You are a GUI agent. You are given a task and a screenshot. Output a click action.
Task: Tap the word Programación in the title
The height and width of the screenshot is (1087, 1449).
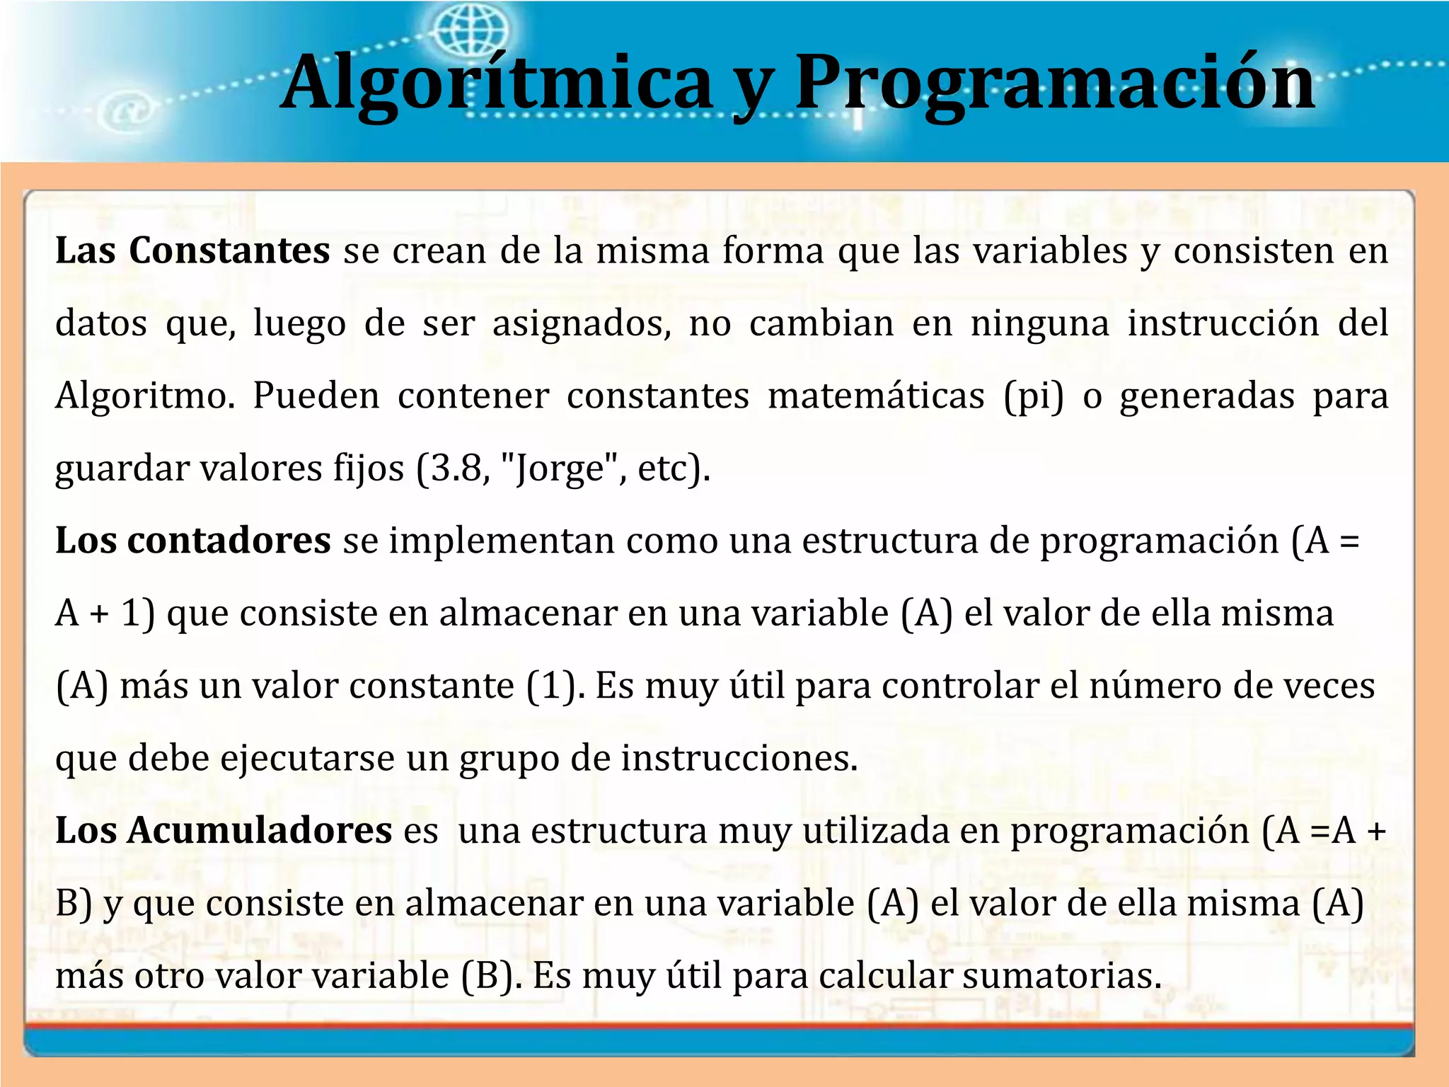pyautogui.click(x=1054, y=84)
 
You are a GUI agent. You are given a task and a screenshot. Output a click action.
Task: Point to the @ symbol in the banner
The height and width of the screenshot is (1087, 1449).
pyautogui.click(x=127, y=111)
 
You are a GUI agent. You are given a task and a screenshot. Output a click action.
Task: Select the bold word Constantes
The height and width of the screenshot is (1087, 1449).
pyautogui.click(x=229, y=251)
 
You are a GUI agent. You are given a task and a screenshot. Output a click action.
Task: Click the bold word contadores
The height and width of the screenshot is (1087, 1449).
pyautogui.click(x=229, y=541)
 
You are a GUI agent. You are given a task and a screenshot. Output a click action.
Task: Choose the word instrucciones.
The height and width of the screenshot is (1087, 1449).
pyautogui.click(x=739, y=759)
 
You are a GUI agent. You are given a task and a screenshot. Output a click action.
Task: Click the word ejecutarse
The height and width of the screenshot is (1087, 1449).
pyautogui.click(x=307, y=759)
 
